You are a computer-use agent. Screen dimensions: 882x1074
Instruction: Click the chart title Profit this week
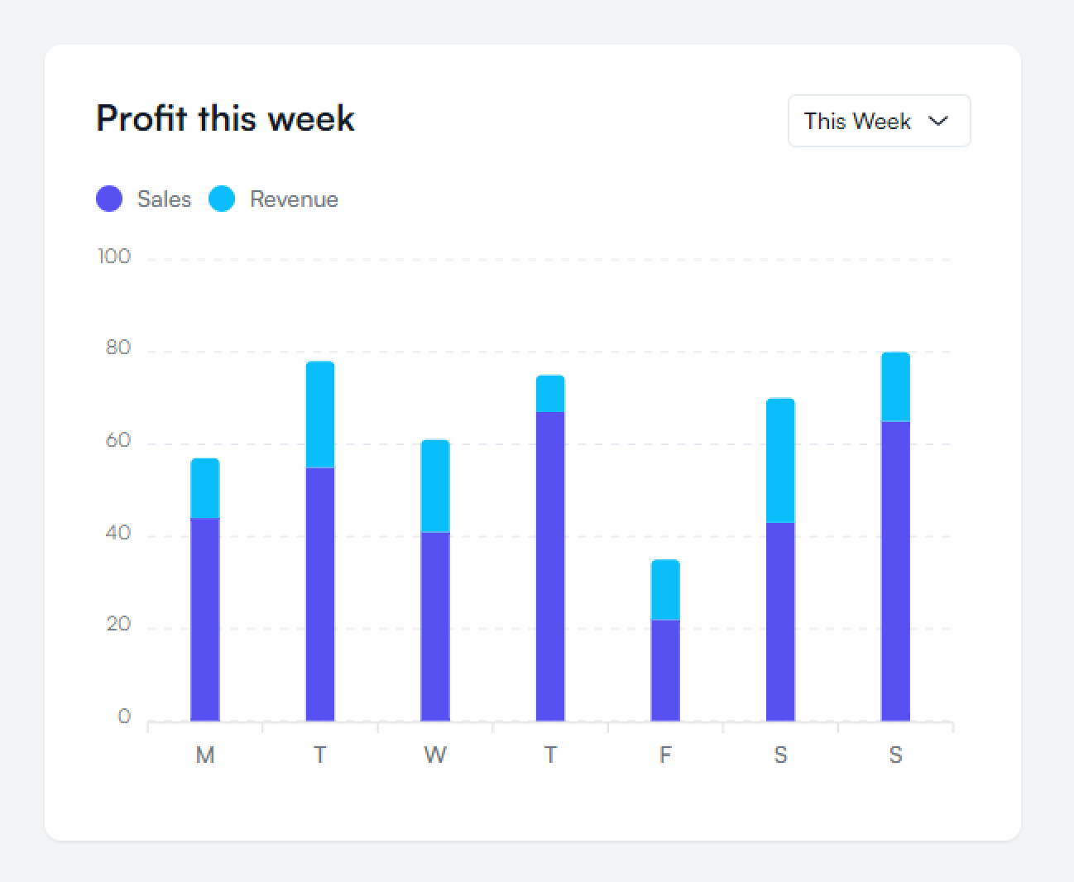click(225, 118)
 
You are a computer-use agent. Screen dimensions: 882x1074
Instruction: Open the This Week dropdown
click(879, 121)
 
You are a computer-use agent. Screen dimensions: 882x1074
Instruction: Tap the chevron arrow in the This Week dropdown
click(938, 121)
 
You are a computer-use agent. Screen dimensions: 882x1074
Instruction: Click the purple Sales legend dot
click(109, 199)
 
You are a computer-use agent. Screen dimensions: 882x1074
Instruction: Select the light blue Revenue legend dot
click(222, 199)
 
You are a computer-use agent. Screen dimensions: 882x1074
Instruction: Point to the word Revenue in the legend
click(294, 199)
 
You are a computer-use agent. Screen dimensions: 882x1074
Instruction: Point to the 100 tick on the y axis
click(114, 256)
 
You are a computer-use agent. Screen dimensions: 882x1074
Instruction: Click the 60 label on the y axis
click(118, 441)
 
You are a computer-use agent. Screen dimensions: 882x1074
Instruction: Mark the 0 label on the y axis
click(124, 717)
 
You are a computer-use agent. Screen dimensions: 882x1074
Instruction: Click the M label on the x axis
click(205, 755)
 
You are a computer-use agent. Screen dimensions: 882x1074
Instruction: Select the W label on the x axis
click(435, 755)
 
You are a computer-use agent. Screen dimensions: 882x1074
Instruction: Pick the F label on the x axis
click(665, 755)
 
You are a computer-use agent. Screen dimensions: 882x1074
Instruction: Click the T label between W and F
click(550, 755)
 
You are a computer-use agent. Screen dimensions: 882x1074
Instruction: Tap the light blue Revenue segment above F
click(665, 590)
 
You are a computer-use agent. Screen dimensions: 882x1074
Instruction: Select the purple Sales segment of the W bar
click(435, 626)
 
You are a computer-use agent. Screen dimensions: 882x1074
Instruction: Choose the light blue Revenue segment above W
click(435, 486)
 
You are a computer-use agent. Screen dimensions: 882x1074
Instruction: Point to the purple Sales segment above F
click(665, 670)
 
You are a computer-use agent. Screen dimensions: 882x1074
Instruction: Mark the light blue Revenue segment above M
click(205, 488)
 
